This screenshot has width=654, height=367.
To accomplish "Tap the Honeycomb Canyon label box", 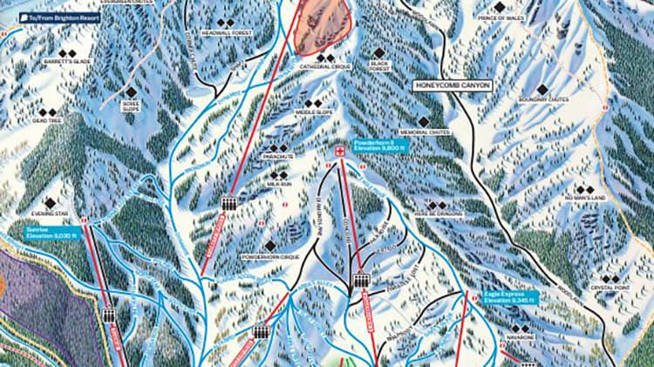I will tap(453, 85).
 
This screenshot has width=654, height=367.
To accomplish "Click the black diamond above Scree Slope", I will tap(131, 92).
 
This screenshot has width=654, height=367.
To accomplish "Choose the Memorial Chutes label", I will tap(424, 133).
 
